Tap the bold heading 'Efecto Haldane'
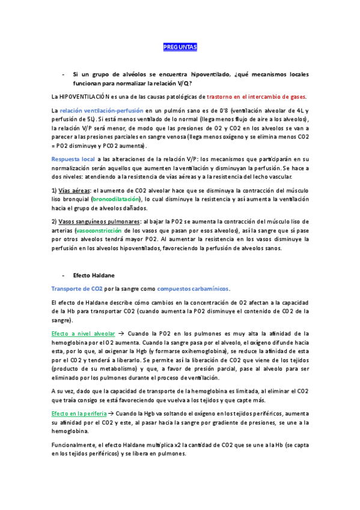coord(94,275)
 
